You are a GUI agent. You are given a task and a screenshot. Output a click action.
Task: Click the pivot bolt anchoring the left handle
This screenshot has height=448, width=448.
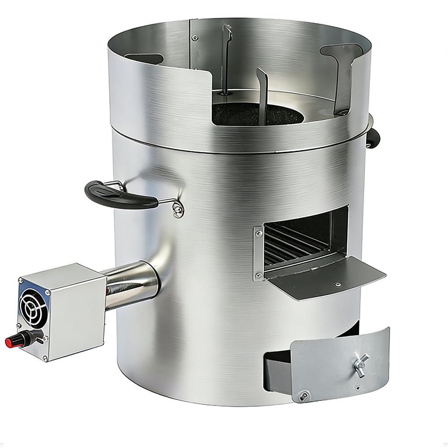click(178, 209)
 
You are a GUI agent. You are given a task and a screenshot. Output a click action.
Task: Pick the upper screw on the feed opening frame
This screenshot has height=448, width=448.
click(259, 233)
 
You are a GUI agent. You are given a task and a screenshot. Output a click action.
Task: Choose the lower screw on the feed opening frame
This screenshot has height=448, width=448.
click(259, 276)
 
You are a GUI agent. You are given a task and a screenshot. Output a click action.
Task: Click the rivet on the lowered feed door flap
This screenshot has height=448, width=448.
click(338, 284)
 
